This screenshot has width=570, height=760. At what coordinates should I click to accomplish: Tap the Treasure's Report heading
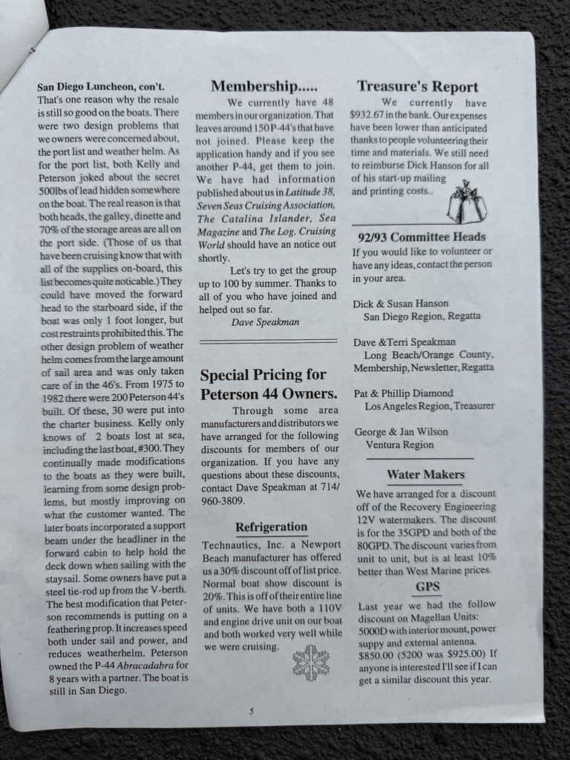coord(417,86)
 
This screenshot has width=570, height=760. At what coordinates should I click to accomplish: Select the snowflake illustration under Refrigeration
coord(310,662)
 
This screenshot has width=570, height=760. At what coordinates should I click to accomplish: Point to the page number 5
coord(252,710)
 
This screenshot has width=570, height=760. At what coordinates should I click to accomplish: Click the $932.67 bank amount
coord(372,116)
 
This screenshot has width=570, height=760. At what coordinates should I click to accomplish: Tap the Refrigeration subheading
coord(271,527)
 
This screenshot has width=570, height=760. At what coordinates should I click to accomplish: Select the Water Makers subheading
coord(425,474)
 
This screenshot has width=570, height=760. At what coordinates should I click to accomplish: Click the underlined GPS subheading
coord(427,586)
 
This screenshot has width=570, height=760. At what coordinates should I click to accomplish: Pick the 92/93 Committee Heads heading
coord(422,237)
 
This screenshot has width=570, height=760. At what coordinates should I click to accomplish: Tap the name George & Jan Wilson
coord(401,431)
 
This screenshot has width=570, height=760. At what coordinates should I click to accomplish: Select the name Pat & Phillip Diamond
coord(403,393)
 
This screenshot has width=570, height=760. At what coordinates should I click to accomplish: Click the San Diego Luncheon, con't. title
coord(101,87)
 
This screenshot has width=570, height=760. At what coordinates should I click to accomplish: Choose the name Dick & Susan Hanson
coord(401,303)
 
